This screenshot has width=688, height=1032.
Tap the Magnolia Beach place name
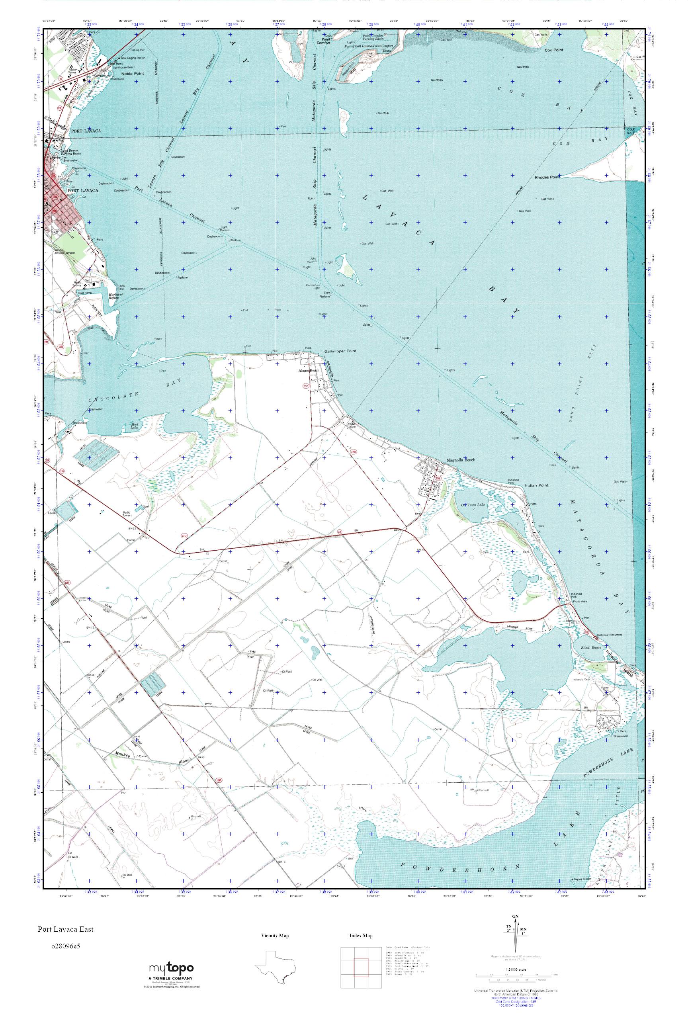tap(461, 460)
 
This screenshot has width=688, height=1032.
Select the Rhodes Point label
tap(547, 177)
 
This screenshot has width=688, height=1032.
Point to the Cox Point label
tap(554, 51)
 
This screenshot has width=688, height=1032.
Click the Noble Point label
tap(133, 74)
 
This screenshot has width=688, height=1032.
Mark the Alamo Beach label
tap(309, 371)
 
